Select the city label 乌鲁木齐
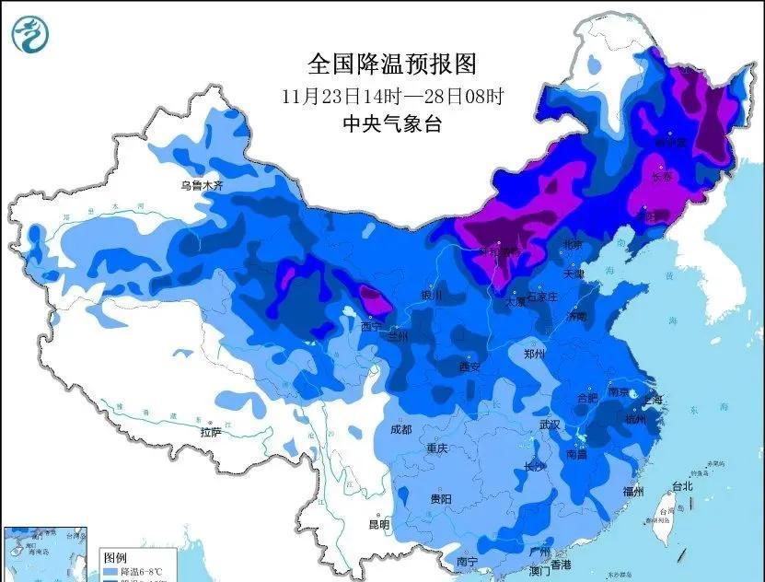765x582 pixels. point(202,185)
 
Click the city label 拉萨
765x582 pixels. point(211,432)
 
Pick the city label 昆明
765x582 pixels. point(379,525)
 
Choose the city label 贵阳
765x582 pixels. point(441,498)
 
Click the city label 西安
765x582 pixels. point(469,367)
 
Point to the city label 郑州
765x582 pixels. point(534,354)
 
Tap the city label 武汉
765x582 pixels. point(550,425)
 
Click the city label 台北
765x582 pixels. point(681,485)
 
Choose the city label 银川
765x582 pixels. point(431,296)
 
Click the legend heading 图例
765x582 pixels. point(114,558)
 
